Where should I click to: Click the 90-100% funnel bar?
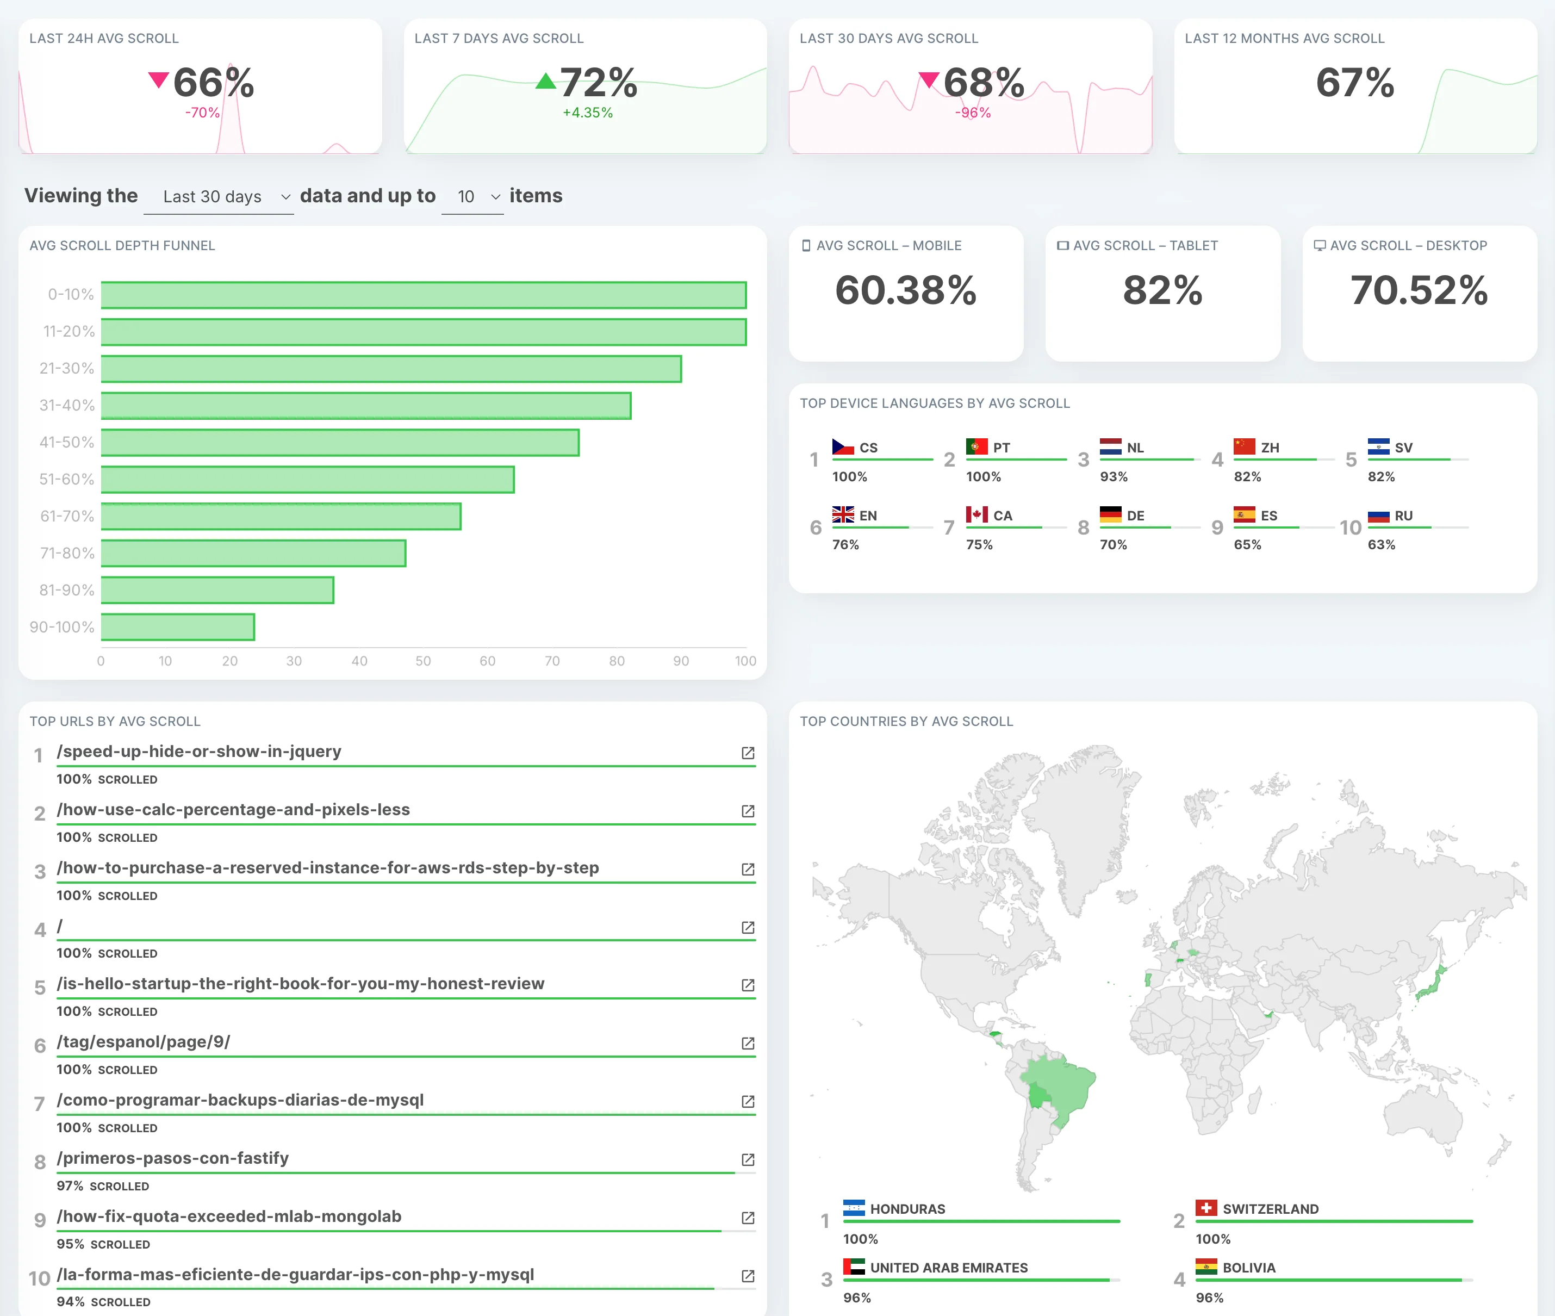[177, 626]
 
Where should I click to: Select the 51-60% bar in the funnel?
[307, 480]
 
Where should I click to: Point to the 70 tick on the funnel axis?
[552, 661]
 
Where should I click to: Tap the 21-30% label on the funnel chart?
[67, 369]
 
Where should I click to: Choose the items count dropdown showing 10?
[473, 197]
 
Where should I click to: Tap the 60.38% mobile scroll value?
[905, 290]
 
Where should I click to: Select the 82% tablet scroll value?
[1162, 290]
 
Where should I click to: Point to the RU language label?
[1404, 516]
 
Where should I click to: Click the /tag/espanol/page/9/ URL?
[143, 1041]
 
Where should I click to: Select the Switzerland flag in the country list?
[1206, 1208]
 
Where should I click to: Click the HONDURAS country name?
[907, 1208]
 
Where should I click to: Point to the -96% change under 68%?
[973, 113]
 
